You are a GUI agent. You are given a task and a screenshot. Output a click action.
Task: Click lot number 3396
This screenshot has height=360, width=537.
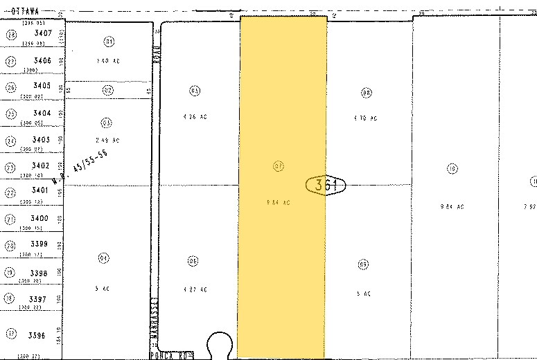(39, 335)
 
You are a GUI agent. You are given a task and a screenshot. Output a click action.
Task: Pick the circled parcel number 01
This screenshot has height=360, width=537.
(108, 41)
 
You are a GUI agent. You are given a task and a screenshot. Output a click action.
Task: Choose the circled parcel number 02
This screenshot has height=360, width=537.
(107, 90)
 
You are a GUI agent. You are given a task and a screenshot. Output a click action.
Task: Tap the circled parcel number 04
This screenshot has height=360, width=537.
(103, 258)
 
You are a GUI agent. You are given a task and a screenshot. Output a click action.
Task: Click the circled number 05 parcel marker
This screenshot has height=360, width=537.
(193, 90)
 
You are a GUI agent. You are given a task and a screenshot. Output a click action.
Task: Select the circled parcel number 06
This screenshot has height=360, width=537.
(193, 260)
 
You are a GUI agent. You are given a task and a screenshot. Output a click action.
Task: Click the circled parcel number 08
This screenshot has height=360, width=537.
(367, 93)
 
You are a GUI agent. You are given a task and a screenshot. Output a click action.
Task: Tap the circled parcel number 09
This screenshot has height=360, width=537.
(363, 264)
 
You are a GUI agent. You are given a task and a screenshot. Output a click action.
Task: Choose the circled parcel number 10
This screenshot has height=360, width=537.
(452, 168)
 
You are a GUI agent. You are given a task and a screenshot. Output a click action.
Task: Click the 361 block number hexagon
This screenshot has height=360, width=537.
(325, 185)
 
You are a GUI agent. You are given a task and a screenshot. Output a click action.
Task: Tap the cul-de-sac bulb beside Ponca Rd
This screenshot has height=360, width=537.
(221, 343)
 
